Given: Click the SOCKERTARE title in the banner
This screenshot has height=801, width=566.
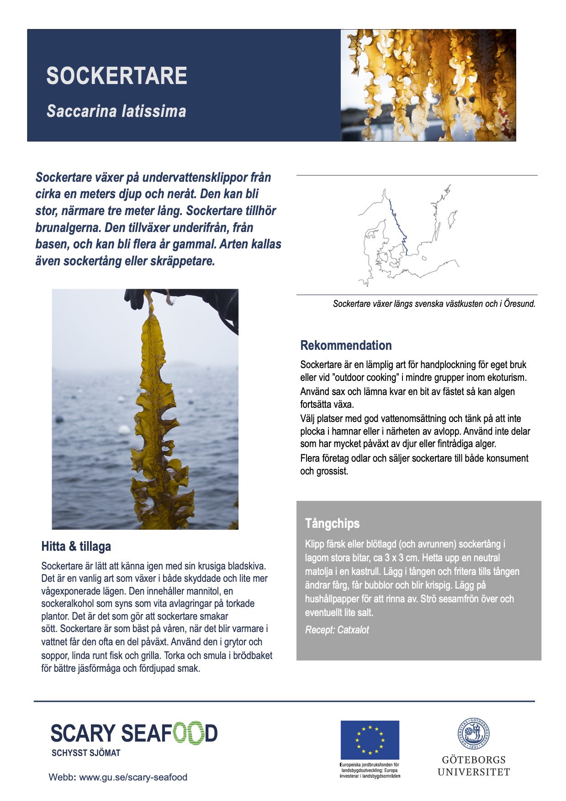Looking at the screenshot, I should [116, 76].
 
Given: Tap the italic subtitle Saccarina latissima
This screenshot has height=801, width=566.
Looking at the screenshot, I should [116, 111].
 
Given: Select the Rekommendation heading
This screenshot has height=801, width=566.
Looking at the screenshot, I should [346, 345].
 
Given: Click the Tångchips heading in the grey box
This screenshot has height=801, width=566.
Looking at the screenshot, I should [332, 523].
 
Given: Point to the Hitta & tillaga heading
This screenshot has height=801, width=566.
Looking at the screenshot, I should [76, 546].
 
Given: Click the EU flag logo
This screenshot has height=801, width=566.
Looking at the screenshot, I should [370, 740].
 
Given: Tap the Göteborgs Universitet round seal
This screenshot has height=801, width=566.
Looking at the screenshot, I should [474, 734].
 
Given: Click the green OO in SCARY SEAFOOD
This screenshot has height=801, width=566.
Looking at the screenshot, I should [187, 733].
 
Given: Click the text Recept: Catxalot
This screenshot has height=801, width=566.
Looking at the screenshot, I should [337, 630].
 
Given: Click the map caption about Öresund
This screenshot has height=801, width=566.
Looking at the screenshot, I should [434, 304].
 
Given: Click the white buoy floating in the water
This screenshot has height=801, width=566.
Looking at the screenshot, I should [124, 429].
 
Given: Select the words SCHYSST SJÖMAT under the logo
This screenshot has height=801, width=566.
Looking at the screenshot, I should [86, 753].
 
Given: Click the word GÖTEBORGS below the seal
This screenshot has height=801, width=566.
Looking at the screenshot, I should [474, 760].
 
